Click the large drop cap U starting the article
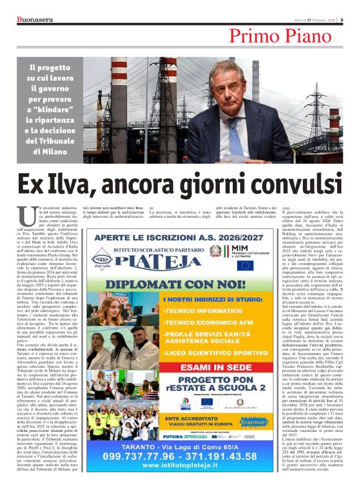(x=26, y=217)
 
